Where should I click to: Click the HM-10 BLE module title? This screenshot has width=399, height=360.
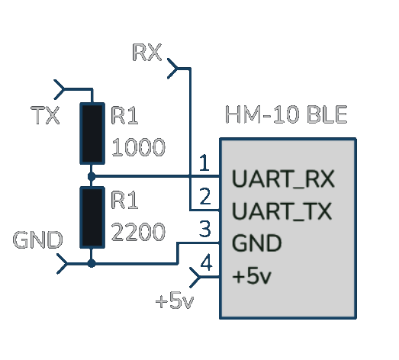pos(286,114)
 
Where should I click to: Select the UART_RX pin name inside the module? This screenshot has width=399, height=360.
pos(283,179)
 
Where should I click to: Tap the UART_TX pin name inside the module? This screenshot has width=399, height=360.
pos(282,211)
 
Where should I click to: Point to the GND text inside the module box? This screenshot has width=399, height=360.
pos(257,243)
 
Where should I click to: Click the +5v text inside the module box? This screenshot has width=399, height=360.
pos(252,276)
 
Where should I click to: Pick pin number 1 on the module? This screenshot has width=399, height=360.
pos(204,162)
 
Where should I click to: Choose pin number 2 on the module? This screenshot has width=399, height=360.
pos(205,196)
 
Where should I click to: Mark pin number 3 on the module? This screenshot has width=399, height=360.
pos(205,229)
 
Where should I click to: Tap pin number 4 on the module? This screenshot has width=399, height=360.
pos(206,262)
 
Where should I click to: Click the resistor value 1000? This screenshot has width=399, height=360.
pos(138,147)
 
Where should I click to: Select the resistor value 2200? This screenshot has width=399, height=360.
pos(138,232)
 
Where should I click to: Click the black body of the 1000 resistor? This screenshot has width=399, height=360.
pos(92,133)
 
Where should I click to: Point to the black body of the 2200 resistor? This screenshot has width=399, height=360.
pos(92,217)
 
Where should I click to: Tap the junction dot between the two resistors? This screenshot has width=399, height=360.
pos(92,176)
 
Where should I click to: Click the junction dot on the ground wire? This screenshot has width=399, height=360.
pos(92,263)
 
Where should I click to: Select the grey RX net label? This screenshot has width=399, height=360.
pos(146,52)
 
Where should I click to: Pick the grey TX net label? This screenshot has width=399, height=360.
pos(45,115)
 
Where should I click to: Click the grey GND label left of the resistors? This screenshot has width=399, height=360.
pos(37,239)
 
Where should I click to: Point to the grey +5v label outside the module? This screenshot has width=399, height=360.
pos(175,301)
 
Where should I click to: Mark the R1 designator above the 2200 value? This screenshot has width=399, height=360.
pos(124,200)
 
